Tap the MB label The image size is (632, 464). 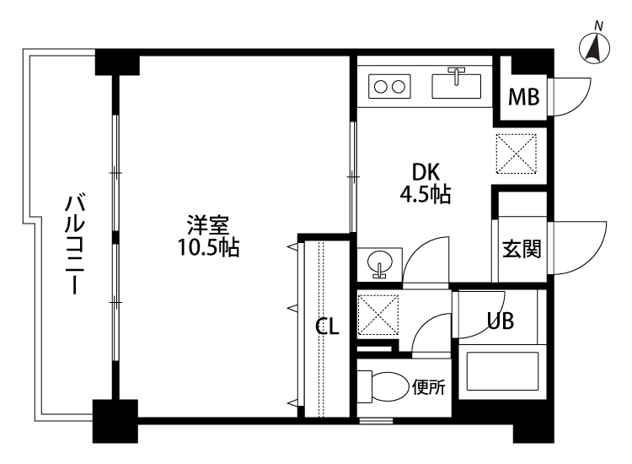(523, 97)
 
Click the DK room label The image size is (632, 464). (425, 172)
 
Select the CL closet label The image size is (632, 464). (327, 327)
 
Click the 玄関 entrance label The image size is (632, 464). (522, 250)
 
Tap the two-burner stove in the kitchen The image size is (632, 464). (388, 86)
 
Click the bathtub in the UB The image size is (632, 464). (502, 372)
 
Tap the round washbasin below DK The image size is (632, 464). (380, 263)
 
